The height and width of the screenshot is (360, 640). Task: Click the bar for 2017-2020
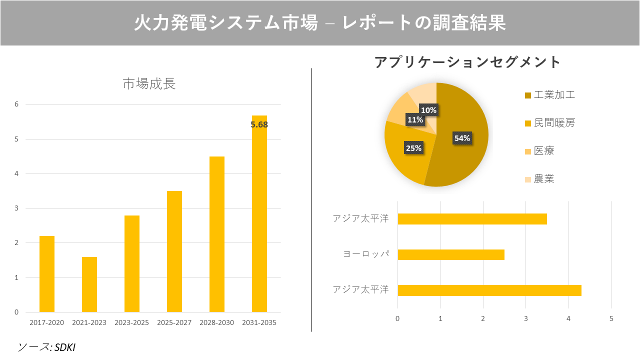47,274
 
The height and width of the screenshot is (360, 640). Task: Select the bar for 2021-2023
89,284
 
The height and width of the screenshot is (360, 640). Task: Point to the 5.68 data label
259,125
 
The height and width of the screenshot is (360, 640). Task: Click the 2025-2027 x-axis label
174,323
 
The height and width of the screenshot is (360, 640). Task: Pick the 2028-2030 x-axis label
216,323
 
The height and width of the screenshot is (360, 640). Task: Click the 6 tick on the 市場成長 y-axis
16,104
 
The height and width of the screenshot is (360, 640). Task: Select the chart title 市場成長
149,84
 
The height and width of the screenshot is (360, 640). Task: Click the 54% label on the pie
461,138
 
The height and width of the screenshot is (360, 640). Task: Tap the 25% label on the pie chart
413,148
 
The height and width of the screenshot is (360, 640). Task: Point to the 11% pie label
415,120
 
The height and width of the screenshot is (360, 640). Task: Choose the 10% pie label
428,110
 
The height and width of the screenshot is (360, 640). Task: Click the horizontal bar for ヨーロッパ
451,255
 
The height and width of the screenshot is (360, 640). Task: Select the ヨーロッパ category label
365,254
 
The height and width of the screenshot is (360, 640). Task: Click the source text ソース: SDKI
46,347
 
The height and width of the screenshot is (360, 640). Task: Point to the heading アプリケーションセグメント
467,62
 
